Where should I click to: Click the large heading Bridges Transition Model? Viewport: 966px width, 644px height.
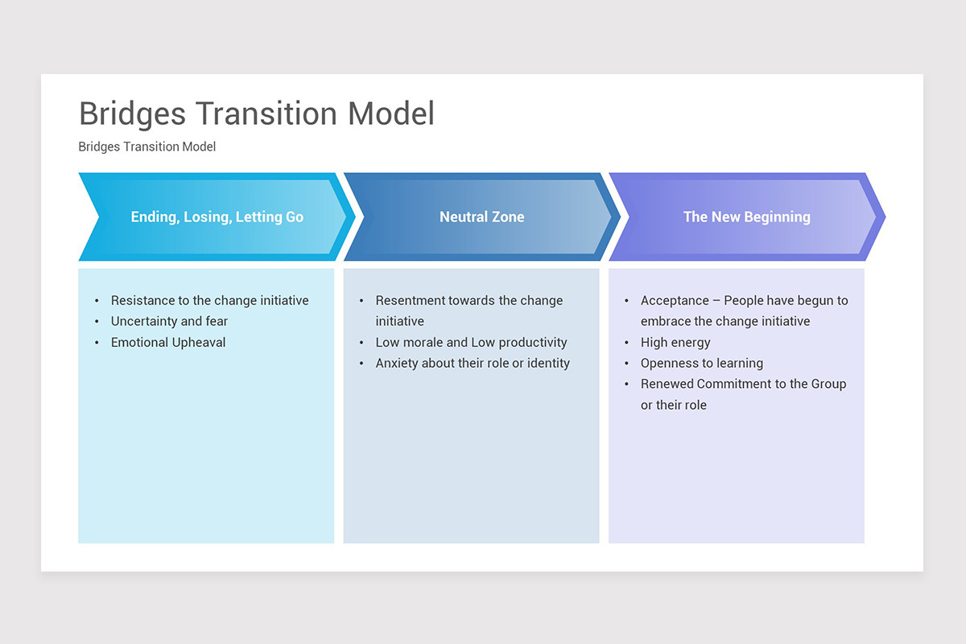click(x=256, y=114)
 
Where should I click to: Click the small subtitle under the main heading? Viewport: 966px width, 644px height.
click(x=147, y=147)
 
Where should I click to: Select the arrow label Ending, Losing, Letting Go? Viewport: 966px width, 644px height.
click(x=217, y=217)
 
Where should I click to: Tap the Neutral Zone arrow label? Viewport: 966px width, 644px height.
click(x=481, y=217)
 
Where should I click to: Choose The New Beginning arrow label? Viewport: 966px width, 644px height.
click(x=746, y=217)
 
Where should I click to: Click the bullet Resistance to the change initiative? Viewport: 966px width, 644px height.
click(x=209, y=300)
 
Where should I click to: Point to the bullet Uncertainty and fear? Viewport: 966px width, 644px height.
click(x=169, y=321)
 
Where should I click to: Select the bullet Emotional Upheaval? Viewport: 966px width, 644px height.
click(x=168, y=342)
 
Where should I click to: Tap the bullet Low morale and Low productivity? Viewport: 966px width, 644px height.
click(x=471, y=342)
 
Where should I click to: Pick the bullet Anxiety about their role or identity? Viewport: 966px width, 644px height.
click(x=473, y=363)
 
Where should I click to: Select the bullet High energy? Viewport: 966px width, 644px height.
click(x=675, y=342)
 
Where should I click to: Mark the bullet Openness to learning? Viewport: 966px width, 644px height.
click(x=701, y=363)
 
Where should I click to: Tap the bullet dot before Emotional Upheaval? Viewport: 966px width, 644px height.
click(x=97, y=343)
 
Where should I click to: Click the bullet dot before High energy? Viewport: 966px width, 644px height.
click(x=626, y=343)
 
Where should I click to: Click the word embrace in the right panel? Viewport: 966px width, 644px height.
click(x=666, y=321)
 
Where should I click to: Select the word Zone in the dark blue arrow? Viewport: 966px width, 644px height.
click(x=507, y=217)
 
